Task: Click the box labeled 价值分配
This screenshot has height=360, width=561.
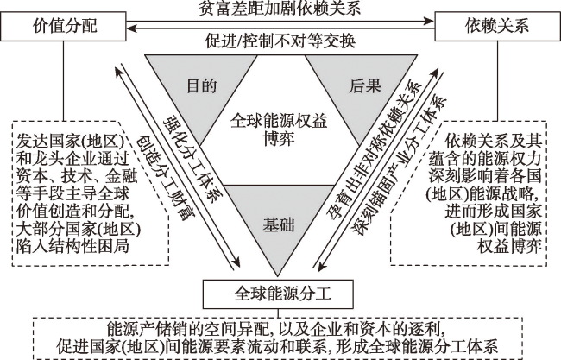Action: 63,26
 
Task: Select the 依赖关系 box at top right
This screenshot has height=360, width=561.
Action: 497,26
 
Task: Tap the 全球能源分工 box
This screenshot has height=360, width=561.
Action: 278,294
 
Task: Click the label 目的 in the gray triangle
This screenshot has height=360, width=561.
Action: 202,86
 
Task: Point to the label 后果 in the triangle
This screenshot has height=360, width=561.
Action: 365,86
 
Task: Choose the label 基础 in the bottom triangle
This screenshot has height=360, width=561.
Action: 279,225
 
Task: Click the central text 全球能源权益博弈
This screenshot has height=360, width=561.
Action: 279,129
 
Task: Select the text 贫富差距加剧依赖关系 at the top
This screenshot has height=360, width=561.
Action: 280,8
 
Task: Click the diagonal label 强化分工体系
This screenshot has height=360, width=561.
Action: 193,159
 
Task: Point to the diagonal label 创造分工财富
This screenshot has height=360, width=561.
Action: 167,178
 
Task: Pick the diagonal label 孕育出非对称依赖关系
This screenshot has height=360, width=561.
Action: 375,149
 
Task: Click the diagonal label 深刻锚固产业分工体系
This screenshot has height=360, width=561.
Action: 400,166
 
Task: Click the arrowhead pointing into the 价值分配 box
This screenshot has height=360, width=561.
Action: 133,28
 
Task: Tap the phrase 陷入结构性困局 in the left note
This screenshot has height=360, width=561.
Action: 72,247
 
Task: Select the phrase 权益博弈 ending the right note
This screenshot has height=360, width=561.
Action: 509,247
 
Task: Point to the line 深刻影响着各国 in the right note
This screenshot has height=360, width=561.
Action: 485,176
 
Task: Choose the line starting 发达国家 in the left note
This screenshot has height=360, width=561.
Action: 71,142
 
